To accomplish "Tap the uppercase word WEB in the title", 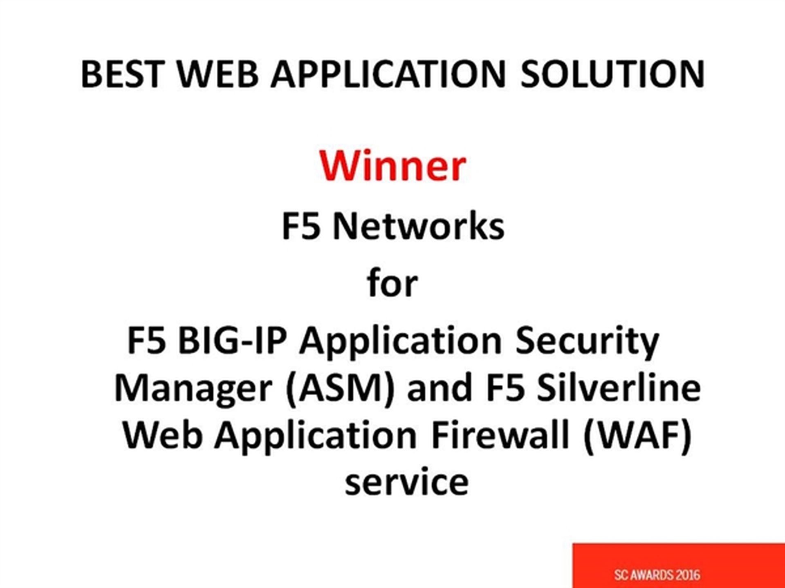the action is coord(218,74).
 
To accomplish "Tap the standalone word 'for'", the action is coord(392,283).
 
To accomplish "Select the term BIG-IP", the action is coord(231,340).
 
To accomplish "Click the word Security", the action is coord(587,342).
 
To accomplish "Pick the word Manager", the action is coord(193,389).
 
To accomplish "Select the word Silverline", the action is coord(619,387).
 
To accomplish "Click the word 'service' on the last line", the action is coord(406,482).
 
